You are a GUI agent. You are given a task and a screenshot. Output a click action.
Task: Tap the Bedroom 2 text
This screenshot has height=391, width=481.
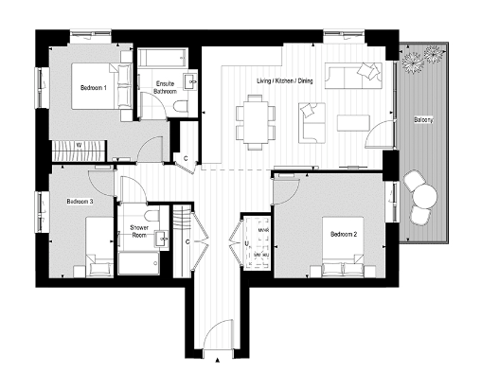pyautogui.click(x=343, y=234)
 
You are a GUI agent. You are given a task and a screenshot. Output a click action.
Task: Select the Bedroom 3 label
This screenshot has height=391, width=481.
pyautogui.click(x=79, y=202)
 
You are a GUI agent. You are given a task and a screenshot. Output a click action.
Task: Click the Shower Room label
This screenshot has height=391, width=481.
pyautogui.click(x=132, y=232)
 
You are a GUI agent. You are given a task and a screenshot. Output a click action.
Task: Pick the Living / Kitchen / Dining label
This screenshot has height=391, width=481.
pyautogui.click(x=284, y=81)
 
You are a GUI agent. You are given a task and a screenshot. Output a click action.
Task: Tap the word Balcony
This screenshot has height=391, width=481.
pyautogui.click(x=423, y=120)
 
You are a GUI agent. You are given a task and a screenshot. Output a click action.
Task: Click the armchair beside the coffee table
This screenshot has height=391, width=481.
pyautogui.click(x=311, y=117)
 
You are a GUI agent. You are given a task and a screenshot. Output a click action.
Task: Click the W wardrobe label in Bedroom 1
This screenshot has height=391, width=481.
pyautogui.click(x=79, y=145)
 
